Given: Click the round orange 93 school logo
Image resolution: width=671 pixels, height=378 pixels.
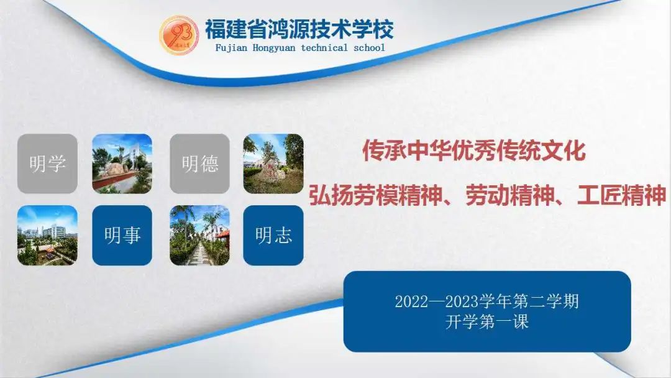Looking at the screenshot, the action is click(x=179, y=35).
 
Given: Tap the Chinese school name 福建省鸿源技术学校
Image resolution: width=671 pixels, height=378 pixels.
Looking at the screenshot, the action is click(x=299, y=29).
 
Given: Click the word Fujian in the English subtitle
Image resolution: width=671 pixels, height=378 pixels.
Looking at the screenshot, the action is click(x=231, y=48).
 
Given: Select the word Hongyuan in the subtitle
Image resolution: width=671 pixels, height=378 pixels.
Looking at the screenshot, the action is click(x=274, y=48).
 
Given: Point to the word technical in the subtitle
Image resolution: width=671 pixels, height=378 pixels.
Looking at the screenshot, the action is click(x=324, y=47).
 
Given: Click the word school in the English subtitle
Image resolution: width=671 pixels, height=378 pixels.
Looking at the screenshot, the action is click(x=369, y=47).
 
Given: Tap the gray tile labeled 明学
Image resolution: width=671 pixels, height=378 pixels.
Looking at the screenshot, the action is click(x=47, y=164).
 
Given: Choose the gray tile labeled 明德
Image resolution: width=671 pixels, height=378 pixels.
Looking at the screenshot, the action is click(x=200, y=164).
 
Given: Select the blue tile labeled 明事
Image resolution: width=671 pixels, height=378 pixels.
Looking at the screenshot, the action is click(x=122, y=236).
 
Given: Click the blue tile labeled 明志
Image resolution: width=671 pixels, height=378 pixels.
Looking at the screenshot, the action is click(x=273, y=236).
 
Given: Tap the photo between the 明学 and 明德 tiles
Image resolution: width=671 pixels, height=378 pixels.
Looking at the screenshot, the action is click(x=122, y=164).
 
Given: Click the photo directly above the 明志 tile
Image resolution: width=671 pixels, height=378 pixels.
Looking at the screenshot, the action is click(x=273, y=164).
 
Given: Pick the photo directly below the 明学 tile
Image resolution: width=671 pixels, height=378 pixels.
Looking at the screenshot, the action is click(x=47, y=236).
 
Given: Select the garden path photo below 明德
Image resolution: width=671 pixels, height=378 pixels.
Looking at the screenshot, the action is click(x=200, y=236).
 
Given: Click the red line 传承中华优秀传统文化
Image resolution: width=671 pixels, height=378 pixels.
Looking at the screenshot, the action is click(x=474, y=150).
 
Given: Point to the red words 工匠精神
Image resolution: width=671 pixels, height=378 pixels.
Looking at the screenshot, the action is click(x=622, y=195).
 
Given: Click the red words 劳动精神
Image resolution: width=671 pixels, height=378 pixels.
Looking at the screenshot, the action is click(x=509, y=195).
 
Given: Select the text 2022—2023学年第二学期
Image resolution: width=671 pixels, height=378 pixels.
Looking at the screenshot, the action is click(x=487, y=302).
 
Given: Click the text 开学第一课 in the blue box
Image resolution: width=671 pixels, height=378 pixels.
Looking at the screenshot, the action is click(x=487, y=321).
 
